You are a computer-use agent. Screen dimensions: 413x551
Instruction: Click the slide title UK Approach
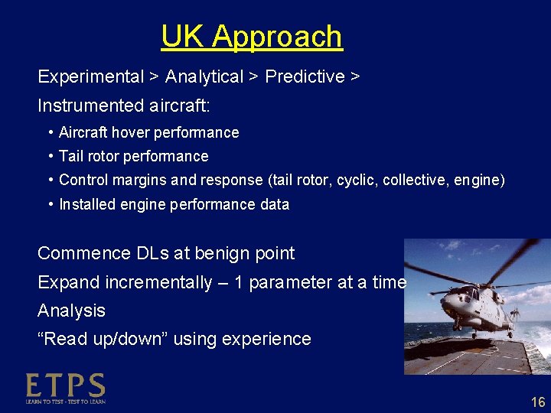(x=252, y=37)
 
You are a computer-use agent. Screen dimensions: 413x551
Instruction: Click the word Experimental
(x=91, y=77)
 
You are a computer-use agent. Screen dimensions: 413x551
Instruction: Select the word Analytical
(x=204, y=77)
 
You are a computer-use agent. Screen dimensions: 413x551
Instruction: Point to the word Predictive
(x=305, y=77)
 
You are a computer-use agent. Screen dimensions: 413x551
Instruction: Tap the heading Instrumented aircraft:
(x=123, y=105)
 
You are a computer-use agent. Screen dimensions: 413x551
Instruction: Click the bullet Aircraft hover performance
(x=148, y=133)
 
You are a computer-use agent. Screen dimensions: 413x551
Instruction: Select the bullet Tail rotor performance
(x=133, y=157)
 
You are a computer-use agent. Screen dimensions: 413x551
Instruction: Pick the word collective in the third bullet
(x=419, y=180)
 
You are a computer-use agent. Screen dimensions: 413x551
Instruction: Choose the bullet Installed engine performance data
(x=174, y=204)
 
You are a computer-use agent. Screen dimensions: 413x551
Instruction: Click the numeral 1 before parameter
(x=239, y=282)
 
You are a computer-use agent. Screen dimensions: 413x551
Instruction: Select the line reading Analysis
(x=71, y=311)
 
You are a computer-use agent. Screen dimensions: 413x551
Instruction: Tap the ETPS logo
(x=65, y=388)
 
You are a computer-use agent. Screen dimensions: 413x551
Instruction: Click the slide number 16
(x=538, y=402)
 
